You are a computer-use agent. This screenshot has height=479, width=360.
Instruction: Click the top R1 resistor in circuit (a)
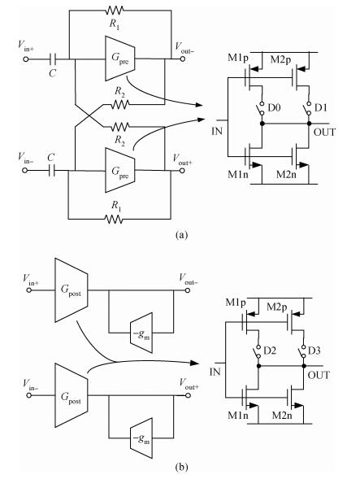click(115, 11)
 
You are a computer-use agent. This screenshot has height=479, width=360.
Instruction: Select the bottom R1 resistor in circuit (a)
click(114, 219)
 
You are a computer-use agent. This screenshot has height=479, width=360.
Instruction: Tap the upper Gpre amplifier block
click(120, 59)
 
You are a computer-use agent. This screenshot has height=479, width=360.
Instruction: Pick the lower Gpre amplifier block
click(120, 170)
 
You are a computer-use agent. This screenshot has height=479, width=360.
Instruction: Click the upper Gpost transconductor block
click(72, 290)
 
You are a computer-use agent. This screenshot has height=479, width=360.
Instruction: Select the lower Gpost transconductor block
click(72, 395)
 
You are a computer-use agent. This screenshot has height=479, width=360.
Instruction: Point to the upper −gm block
click(141, 333)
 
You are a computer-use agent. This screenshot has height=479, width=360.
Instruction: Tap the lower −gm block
click(141, 438)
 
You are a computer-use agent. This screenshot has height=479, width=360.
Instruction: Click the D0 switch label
click(274, 107)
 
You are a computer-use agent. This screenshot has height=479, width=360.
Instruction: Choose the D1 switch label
click(321, 107)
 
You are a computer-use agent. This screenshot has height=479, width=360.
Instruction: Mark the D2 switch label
click(270, 351)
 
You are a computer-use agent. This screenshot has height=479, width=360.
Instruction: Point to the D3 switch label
click(314, 351)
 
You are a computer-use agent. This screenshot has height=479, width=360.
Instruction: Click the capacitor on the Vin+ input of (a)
click(53, 59)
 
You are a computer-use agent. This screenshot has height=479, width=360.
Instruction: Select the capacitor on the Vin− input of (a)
click(52, 170)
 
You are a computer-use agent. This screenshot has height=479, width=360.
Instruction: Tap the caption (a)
click(182, 234)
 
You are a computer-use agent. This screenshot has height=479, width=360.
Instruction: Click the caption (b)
click(182, 467)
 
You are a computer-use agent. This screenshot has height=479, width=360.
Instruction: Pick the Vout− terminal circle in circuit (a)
click(182, 59)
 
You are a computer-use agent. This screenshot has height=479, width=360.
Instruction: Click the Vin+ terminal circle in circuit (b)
click(29, 290)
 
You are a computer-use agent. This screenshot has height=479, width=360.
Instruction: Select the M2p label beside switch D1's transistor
click(281, 60)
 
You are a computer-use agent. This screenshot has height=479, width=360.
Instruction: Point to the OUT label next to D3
click(319, 375)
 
